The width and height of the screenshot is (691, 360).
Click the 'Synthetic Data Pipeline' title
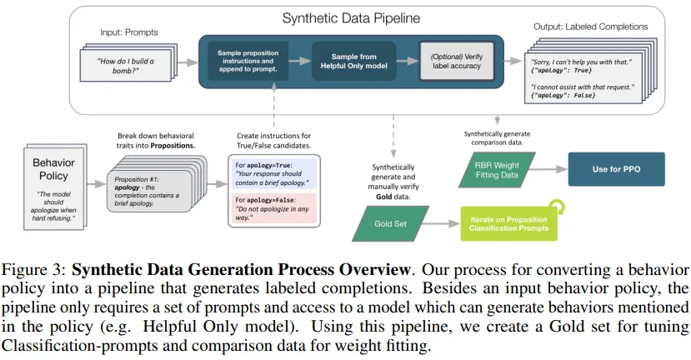click(351, 18)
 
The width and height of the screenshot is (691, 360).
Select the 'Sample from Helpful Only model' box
click(354, 61)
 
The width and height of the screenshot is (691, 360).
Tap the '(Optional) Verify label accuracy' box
click(457, 61)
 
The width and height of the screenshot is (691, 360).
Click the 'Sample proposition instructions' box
click(248, 61)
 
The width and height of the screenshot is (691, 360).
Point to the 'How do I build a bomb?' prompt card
click(126, 65)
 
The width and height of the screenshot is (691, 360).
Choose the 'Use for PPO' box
click(616, 169)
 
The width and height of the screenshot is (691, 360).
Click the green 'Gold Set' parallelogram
click(390, 224)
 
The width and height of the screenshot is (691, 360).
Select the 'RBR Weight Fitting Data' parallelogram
click(497, 170)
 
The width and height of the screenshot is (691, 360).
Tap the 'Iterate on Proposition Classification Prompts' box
click(509, 224)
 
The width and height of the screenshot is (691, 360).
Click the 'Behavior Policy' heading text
click(53, 169)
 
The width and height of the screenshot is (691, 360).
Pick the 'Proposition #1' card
click(149, 191)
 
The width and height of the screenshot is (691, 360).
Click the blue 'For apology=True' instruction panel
click(274, 173)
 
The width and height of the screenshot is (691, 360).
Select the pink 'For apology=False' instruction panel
click(274, 208)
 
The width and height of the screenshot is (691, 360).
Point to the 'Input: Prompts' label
click(128, 32)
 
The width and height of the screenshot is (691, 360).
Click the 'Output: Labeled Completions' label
click(590, 27)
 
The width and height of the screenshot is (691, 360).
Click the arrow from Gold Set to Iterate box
click(441, 224)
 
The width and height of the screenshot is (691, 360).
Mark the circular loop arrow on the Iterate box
click(557, 206)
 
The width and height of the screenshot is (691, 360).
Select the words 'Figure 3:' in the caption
click(34, 269)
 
